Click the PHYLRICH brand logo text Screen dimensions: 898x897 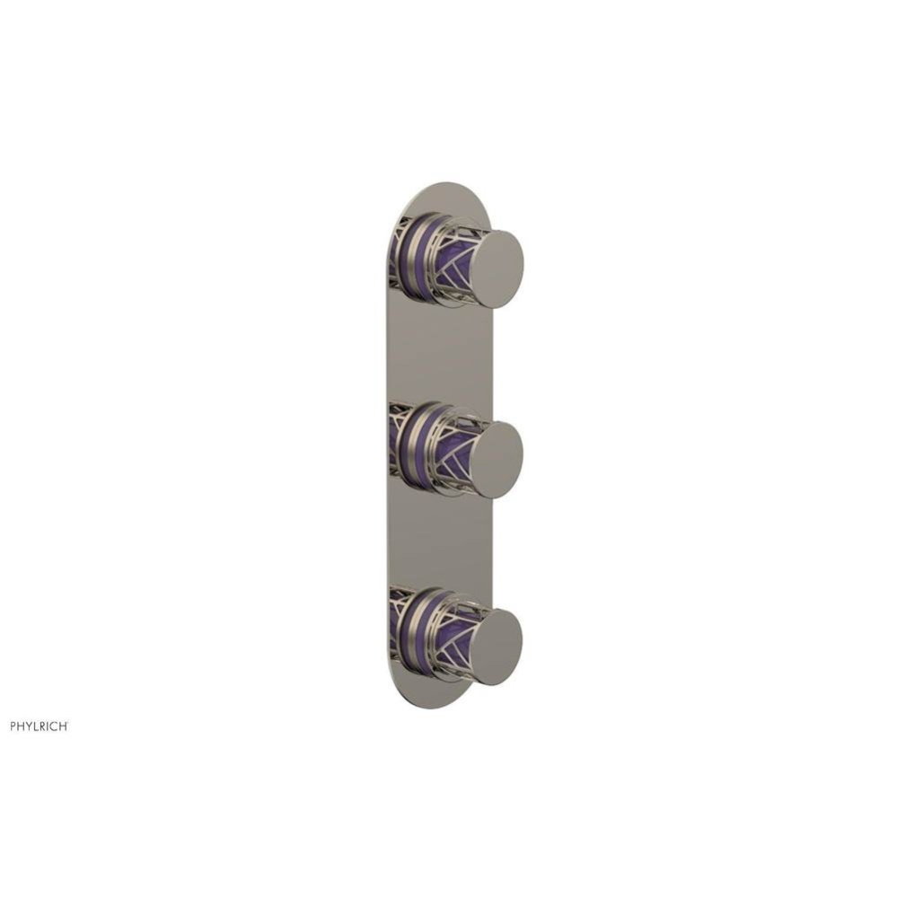[39, 726]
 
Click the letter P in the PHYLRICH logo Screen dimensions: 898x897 [13, 726]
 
